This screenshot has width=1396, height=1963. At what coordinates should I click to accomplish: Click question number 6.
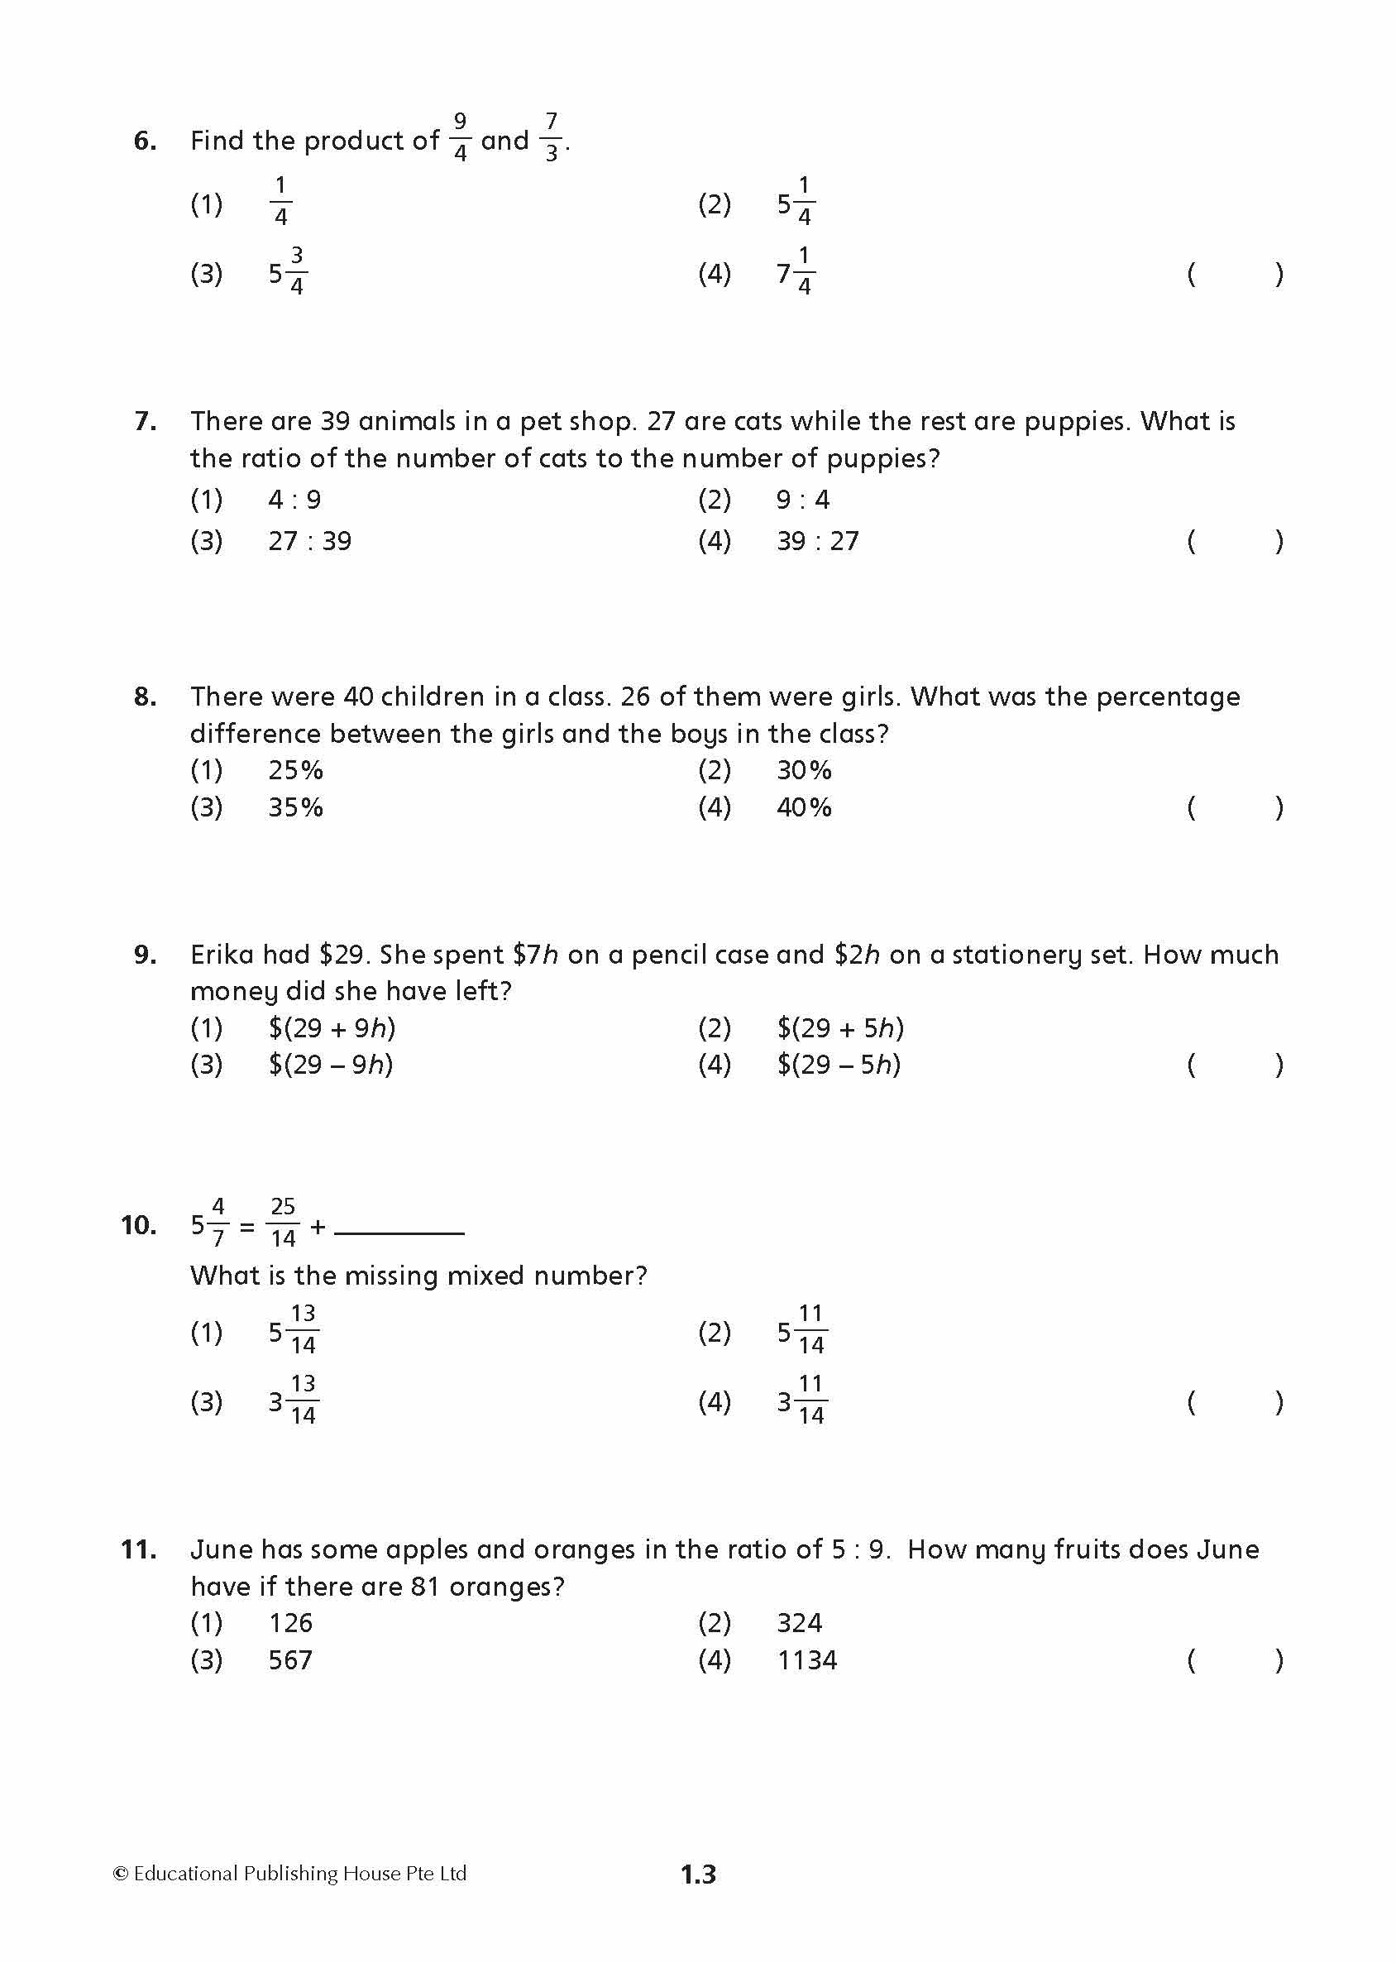point(146,140)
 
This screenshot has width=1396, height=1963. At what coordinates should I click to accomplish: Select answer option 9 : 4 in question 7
point(802,500)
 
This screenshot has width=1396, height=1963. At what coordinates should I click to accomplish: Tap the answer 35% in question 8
point(295,807)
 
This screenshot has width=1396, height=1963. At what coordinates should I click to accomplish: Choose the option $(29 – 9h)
point(330,1065)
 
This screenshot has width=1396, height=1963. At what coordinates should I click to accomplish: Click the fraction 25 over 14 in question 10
point(283,1222)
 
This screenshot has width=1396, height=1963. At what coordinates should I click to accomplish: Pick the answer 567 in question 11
point(289,1659)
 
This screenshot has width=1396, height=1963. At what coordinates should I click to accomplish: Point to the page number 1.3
point(698,1874)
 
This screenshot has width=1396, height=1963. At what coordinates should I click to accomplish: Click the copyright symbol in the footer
point(121,1874)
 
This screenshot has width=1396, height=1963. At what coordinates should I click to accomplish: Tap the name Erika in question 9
point(222,955)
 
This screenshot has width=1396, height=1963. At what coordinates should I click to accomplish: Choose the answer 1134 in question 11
point(806,1659)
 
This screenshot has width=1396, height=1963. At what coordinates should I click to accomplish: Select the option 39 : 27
point(816,541)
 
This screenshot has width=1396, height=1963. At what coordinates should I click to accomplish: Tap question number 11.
point(138,1549)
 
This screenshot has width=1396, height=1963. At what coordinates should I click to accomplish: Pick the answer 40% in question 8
point(804,807)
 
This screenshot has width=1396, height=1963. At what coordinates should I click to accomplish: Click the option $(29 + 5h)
point(840,1027)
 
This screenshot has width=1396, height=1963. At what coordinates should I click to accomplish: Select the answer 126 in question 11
point(290,1622)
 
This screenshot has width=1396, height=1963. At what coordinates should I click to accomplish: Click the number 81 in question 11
point(426,1586)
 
